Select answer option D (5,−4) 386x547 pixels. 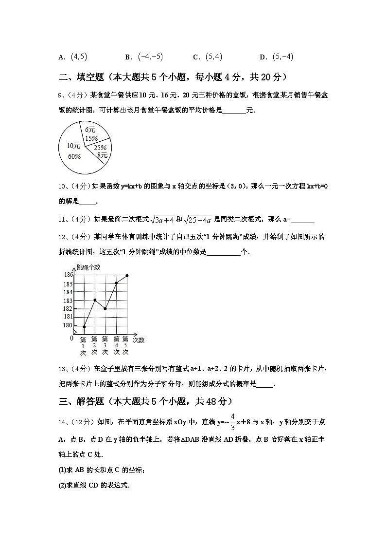(x=277, y=57)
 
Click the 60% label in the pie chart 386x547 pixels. (x=74, y=156)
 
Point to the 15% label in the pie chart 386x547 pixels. (x=91, y=138)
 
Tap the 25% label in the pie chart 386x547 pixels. (x=100, y=148)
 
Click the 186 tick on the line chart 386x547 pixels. (x=68, y=275)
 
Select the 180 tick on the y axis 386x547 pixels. (x=68, y=325)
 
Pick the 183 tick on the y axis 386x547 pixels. (x=68, y=301)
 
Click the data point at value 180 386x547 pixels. (x=84, y=326)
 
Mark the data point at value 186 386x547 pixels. (x=127, y=276)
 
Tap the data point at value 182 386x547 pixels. (x=105, y=309)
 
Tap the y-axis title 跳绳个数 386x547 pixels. (x=88, y=267)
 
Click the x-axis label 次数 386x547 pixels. (x=139, y=340)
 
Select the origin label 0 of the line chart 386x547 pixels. (x=71, y=338)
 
